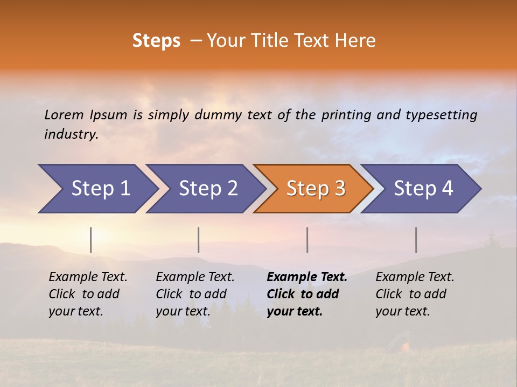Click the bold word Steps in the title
[x=156, y=41]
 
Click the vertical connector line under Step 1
[x=91, y=240]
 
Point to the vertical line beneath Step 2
[x=199, y=240]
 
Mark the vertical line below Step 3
[x=308, y=240]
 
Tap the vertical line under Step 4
[x=416, y=240]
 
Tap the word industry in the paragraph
[x=71, y=134]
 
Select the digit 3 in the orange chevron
[x=339, y=189]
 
